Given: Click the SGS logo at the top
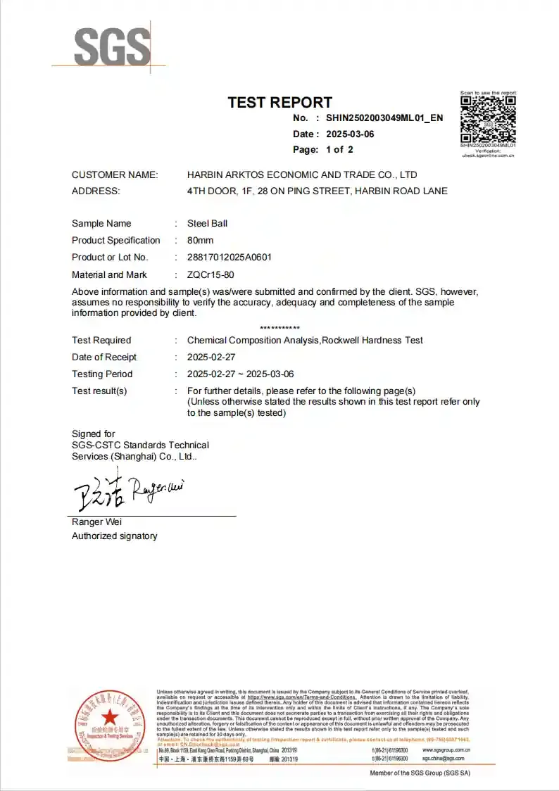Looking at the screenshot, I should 113,47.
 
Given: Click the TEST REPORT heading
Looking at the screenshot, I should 279,102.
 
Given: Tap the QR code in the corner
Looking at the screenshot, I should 488,120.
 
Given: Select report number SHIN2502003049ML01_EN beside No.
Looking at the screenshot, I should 384,118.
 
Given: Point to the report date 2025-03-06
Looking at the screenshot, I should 350,134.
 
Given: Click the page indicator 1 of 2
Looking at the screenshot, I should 339,149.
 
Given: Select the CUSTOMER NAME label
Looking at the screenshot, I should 115,175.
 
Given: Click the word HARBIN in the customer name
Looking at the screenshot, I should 206,175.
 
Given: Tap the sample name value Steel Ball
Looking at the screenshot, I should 207,223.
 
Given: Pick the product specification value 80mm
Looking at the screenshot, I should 200,240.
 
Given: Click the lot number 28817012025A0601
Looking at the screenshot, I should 229,257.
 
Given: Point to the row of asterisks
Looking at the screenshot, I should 279,328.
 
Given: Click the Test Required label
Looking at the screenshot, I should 101,340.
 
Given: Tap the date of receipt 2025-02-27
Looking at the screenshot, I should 211,357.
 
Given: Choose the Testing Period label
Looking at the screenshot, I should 102,374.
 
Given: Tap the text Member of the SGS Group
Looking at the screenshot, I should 420,773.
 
